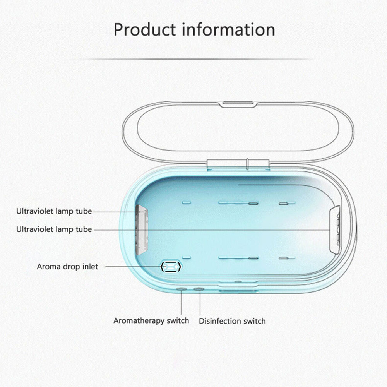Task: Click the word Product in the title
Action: tap(145, 30)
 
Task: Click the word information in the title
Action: tap(229, 30)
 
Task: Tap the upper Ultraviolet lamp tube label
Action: tap(54, 211)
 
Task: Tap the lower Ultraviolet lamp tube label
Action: tap(54, 229)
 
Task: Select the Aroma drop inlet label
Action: tap(67, 267)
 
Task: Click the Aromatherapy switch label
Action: tap(151, 320)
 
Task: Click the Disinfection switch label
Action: tap(232, 321)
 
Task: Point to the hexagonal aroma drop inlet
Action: tap(171, 267)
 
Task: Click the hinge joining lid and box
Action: tap(238, 164)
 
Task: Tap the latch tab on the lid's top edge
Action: tap(238, 104)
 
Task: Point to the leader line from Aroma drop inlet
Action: tap(133, 267)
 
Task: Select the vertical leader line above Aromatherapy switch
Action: tap(181, 303)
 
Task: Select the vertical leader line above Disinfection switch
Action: tap(200, 303)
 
